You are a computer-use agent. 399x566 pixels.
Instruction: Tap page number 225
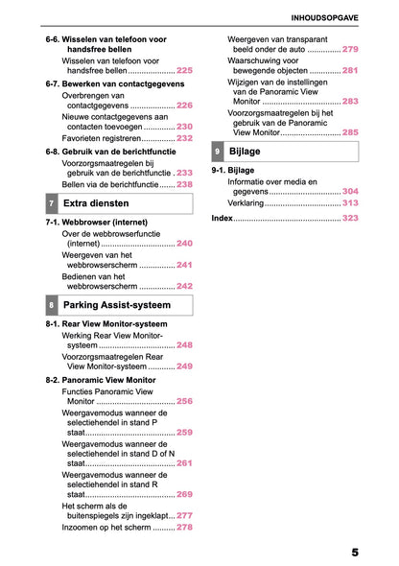click(184, 71)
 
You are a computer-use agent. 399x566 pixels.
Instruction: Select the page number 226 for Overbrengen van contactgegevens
click(184, 106)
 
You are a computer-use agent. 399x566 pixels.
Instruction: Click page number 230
click(184, 127)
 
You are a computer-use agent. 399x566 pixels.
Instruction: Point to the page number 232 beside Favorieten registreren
click(184, 138)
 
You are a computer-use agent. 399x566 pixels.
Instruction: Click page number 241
click(184, 265)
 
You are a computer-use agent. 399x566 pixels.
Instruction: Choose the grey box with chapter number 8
click(51, 306)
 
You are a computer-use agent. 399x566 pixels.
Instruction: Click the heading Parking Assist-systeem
click(116, 305)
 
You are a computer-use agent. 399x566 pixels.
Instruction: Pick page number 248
click(184, 345)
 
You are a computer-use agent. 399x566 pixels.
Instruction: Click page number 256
click(184, 401)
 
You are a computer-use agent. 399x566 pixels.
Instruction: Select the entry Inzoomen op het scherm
click(106, 528)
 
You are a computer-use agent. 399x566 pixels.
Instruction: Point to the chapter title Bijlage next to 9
click(245, 152)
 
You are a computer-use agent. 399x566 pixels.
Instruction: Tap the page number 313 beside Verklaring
click(350, 203)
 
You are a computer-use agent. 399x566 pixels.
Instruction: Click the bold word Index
click(222, 219)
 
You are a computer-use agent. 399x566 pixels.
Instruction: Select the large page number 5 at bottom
click(355, 554)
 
